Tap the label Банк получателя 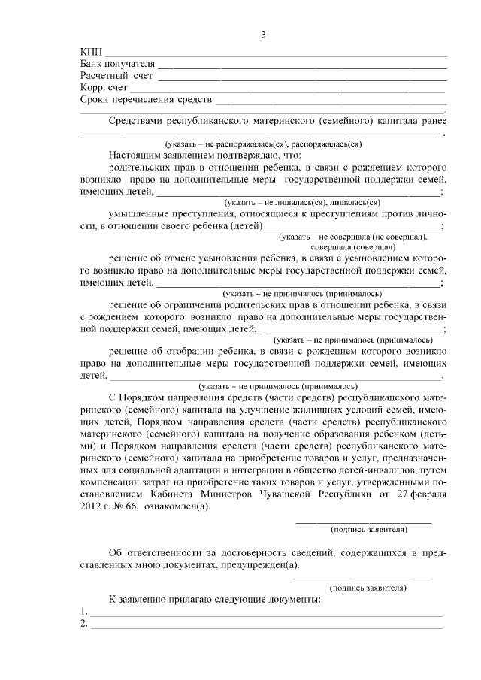click(117, 64)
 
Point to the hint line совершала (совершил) click(353, 246)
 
